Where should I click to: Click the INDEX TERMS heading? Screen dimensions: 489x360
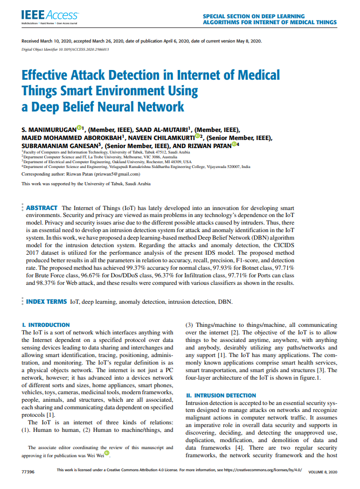click(47, 302)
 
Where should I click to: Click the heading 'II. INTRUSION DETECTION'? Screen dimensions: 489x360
click(217, 395)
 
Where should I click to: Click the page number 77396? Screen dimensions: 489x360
click(27, 472)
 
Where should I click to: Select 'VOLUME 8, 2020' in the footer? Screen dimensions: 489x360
click(322, 472)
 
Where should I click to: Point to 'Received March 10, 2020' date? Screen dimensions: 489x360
click(48, 41)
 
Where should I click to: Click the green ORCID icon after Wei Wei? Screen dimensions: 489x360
click(107, 453)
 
